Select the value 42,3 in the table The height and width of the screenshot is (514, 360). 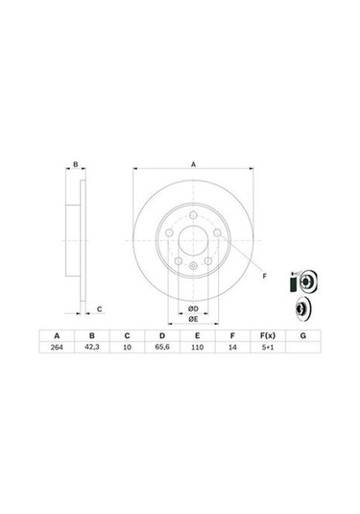pos(91,352)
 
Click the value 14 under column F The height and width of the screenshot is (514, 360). pos(231,352)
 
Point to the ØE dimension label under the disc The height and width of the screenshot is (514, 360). pos(192,318)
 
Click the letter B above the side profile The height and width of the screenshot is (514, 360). pos(75,165)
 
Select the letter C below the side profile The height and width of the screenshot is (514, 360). pos(100,309)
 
